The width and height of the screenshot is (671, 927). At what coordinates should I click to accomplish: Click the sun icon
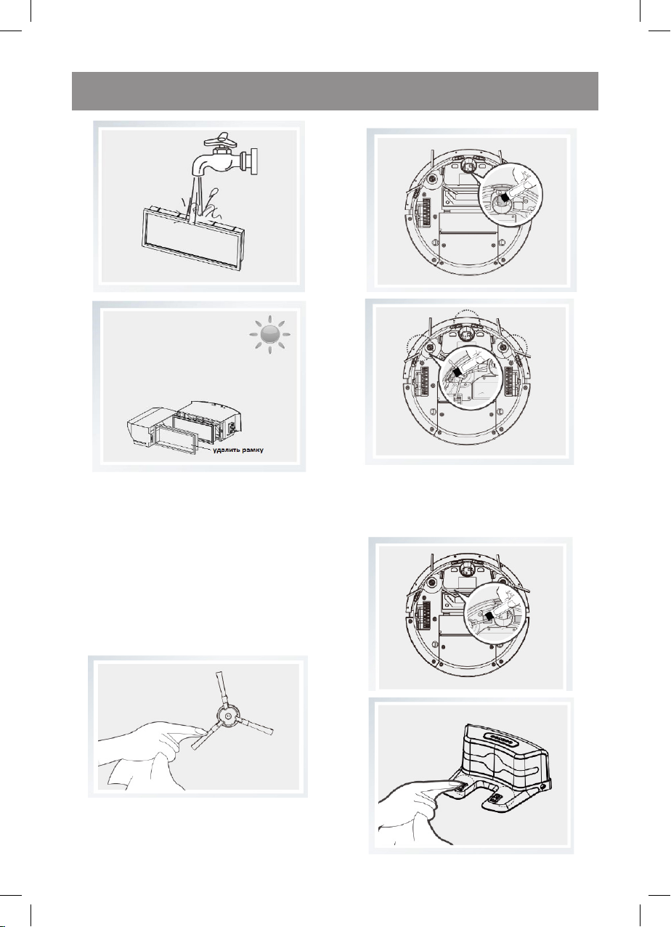click(x=269, y=334)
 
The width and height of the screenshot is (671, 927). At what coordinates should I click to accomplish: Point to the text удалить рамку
click(x=238, y=450)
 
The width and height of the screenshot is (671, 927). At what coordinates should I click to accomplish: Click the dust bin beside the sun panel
click(x=184, y=427)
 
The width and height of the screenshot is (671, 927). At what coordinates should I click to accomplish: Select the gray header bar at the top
click(x=335, y=91)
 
